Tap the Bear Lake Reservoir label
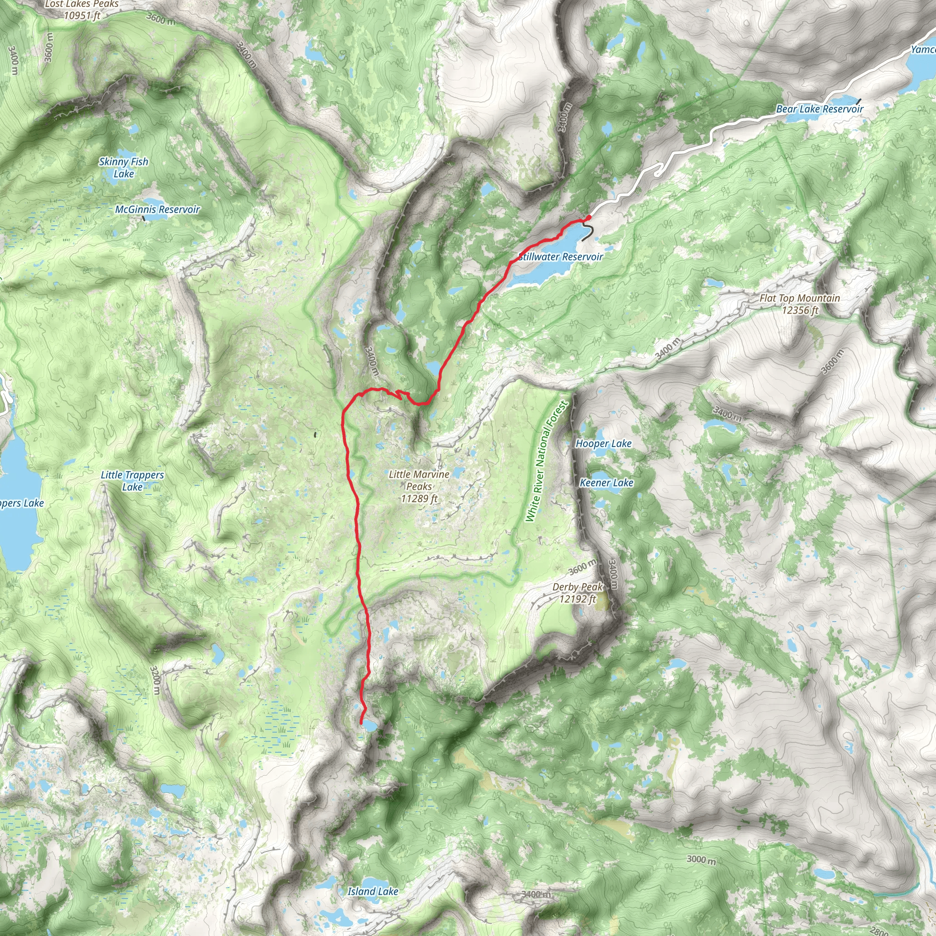pos(820,109)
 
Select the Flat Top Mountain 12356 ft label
pos(800,304)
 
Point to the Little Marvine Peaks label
pos(419,486)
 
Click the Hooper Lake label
pos(603,443)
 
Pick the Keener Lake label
pos(606,483)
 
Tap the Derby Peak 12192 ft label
pos(578,592)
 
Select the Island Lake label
pos(372,891)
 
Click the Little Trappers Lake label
pos(132,481)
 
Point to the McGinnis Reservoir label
pos(158,209)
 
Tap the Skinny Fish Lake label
pos(123,168)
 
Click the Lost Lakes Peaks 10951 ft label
pos(82,10)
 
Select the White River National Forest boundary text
pos(546,461)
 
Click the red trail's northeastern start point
pos(589,217)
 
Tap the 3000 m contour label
pos(701,860)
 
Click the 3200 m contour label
pos(154,680)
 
